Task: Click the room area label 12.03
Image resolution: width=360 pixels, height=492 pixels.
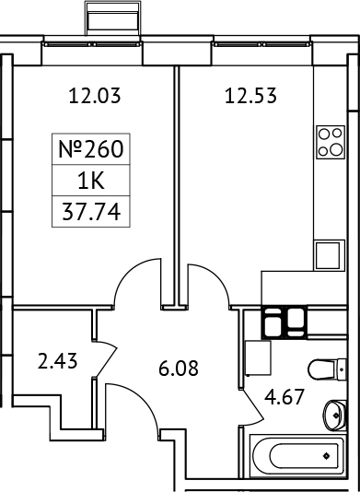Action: point(96,93)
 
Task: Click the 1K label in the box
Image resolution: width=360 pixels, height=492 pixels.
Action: point(90,182)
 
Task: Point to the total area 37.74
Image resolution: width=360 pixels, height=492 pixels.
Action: point(90,213)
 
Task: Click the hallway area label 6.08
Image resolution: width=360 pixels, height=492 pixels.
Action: point(178,372)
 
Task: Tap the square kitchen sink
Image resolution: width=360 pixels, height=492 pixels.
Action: point(328,252)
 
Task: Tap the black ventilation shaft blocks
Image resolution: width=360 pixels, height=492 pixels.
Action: point(285,322)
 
